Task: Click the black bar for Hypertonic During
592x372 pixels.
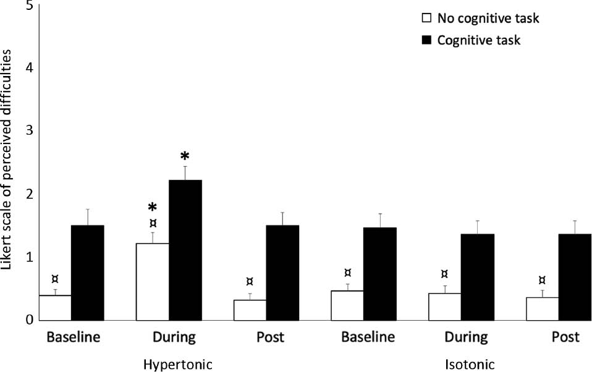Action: click(185, 250)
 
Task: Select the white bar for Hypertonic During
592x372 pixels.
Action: click(152, 282)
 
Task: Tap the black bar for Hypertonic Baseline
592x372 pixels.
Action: click(88, 273)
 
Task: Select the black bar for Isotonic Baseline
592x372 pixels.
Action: click(380, 274)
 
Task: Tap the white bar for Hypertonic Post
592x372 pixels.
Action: click(250, 310)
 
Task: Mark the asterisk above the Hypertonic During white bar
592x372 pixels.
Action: click(153, 208)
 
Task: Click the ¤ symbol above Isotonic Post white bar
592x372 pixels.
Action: click(542, 280)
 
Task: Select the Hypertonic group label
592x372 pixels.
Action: click(177, 364)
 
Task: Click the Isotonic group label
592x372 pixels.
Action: click(470, 364)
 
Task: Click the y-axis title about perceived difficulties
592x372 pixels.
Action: click(7, 161)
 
